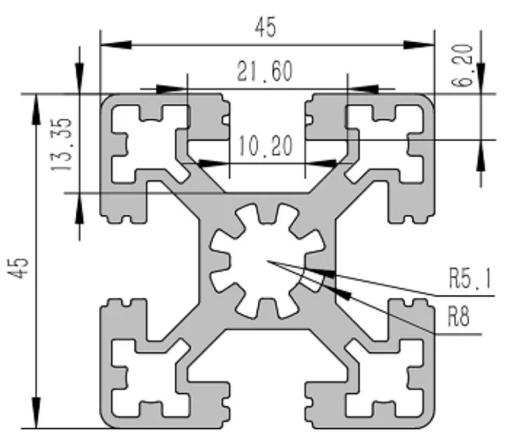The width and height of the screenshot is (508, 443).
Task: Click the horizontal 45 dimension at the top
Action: [265, 27]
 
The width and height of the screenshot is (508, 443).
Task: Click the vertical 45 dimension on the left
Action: [20, 266]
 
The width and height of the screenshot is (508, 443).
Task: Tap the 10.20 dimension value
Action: [265, 147]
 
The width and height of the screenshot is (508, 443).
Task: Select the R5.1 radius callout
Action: [469, 282]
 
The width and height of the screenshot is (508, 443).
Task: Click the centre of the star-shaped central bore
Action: [266, 262]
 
